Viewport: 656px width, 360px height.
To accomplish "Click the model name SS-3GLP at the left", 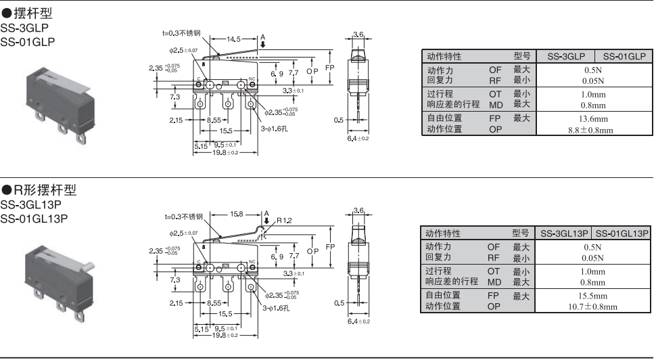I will point(25,28).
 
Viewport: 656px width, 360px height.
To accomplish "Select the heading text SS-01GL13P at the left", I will point(34,218).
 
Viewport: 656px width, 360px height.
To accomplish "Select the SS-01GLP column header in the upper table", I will point(624,56).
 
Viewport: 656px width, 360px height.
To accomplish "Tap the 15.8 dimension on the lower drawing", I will point(237,214).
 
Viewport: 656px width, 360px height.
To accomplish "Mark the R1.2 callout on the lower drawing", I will point(285,221).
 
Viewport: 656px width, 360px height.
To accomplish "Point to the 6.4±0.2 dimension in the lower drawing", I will point(358,321).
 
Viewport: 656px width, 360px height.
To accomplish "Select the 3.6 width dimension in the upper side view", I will point(358,34).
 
